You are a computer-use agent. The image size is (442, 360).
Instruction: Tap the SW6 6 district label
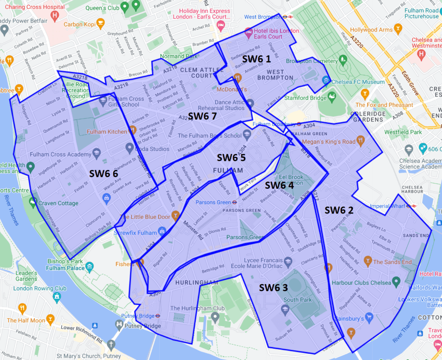click(103, 173)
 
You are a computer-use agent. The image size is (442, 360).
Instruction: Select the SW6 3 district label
click(273, 287)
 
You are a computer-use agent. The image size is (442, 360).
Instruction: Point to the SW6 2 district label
click(339, 210)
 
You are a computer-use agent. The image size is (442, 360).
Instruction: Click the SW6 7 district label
click(203, 116)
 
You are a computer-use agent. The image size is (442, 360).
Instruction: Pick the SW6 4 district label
click(279, 185)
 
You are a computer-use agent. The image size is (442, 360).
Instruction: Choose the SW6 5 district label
click(231, 157)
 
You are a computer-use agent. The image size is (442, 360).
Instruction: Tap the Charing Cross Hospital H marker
click(55, 16)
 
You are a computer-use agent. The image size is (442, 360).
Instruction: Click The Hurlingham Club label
click(197, 308)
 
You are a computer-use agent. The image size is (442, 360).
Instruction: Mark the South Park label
click(298, 300)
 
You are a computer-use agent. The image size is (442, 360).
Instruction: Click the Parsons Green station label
click(213, 202)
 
